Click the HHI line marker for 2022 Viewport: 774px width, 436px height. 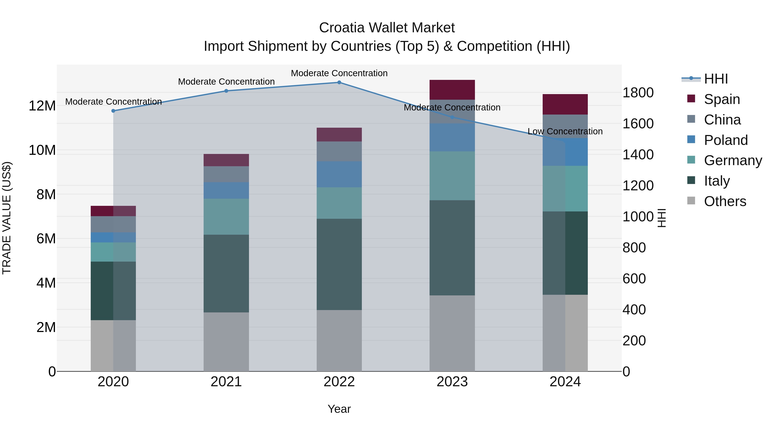[x=339, y=82]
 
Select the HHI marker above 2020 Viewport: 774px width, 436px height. [x=113, y=111]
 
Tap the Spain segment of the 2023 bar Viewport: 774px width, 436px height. [x=452, y=90]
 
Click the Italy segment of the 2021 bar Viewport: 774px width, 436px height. [x=226, y=273]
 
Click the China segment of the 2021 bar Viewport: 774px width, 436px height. [x=226, y=174]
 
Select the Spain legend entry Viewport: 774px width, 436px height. [x=721, y=99]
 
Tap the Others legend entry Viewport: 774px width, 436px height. [x=724, y=201]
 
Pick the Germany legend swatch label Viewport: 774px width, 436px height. [x=733, y=160]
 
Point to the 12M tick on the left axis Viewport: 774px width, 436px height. [x=42, y=106]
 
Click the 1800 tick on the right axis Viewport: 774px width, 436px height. [x=638, y=93]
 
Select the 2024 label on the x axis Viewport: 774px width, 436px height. [x=565, y=382]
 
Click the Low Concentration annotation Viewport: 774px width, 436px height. [x=565, y=132]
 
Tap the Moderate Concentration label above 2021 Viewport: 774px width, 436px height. [x=226, y=82]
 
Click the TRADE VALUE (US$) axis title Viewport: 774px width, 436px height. [x=7, y=218]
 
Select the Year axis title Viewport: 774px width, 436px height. [x=339, y=409]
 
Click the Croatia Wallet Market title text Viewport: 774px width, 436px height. [x=387, y=28]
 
